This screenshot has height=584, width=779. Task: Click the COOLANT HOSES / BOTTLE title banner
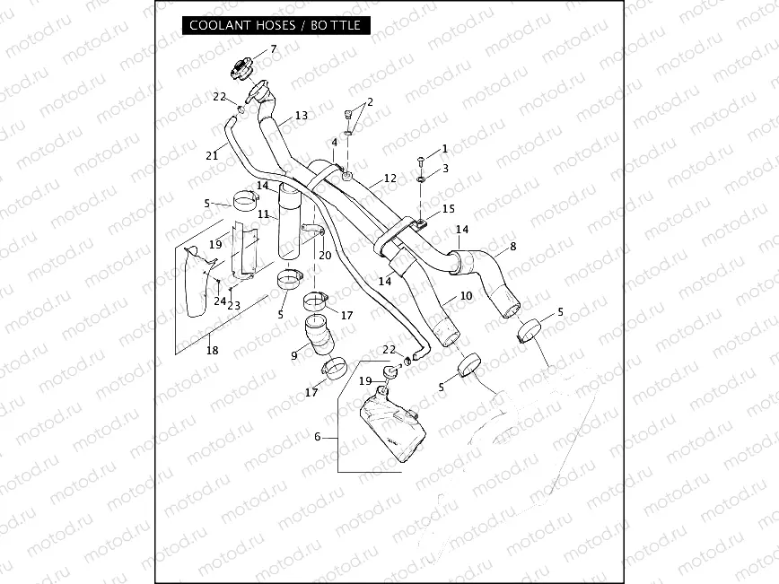[x=275, y=25]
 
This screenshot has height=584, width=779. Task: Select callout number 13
[x=301, y=116]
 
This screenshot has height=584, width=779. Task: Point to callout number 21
[x=212, y=155]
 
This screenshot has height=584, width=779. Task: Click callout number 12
[x=389, y=179]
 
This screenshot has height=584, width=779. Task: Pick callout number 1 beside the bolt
[x=444, y=149]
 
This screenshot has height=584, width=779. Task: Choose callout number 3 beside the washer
[x=444, y=169]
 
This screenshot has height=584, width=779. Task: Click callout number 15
[x=448, y=209]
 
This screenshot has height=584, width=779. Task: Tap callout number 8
[x=512, y=246]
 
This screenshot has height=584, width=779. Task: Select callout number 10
[x=466, y=297]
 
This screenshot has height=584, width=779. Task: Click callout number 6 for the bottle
[x=317, y=437]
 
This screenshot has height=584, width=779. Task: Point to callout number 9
[x=293, y=356]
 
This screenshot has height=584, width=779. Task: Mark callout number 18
[x=212, y=351]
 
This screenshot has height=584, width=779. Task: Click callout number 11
[x=263, y=214]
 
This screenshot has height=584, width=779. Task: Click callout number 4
[x=334, y=143]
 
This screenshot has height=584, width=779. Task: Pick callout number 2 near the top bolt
[x=370, y=102]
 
